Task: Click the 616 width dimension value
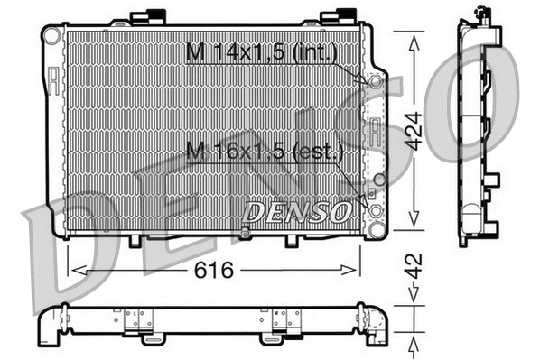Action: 215,270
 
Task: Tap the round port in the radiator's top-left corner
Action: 53,35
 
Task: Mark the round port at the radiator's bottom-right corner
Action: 375,213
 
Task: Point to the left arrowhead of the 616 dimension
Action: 75,270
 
